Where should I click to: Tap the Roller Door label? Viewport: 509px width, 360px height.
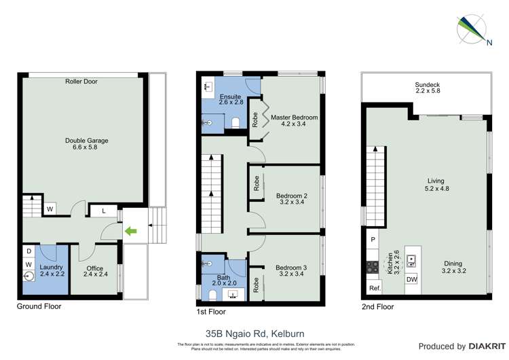click(81, 82)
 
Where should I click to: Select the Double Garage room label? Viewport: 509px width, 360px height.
click(86, 145)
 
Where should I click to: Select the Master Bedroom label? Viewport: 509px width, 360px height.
click(294, 122)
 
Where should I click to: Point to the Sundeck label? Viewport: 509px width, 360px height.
click(428, 88)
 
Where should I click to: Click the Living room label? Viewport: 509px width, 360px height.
click(436, 185)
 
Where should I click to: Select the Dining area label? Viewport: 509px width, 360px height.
click(455, 268)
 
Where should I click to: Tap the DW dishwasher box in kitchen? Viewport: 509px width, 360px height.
click(411, 279)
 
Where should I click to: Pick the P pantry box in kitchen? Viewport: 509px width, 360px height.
click(373, 240)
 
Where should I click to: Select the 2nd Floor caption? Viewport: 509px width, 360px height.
click(377, 306)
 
